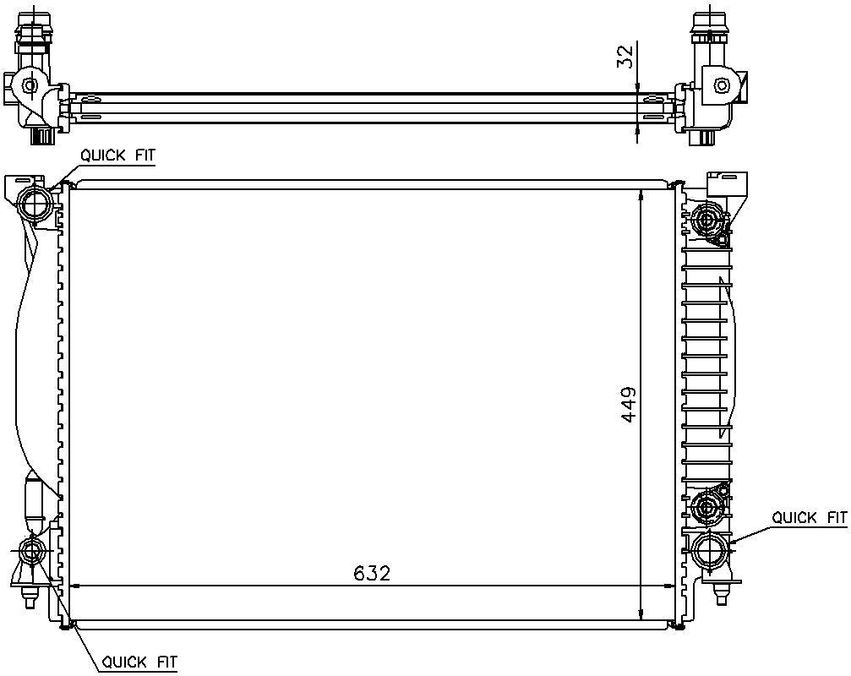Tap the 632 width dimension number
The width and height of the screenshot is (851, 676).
point(372,573)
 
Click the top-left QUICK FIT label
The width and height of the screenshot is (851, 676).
point(117,155)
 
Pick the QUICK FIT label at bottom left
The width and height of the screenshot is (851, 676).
point(139,662)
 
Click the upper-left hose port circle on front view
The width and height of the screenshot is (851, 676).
point(35,203)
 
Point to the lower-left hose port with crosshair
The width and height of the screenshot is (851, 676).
point(33,553)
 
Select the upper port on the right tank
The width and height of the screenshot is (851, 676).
point(705,221)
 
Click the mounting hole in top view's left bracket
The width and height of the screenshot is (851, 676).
point(30,85)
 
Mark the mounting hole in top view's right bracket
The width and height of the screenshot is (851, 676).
point(721,85)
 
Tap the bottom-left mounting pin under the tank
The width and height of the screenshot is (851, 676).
point(30,599)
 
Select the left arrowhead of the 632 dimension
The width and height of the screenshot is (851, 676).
point(74,585)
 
